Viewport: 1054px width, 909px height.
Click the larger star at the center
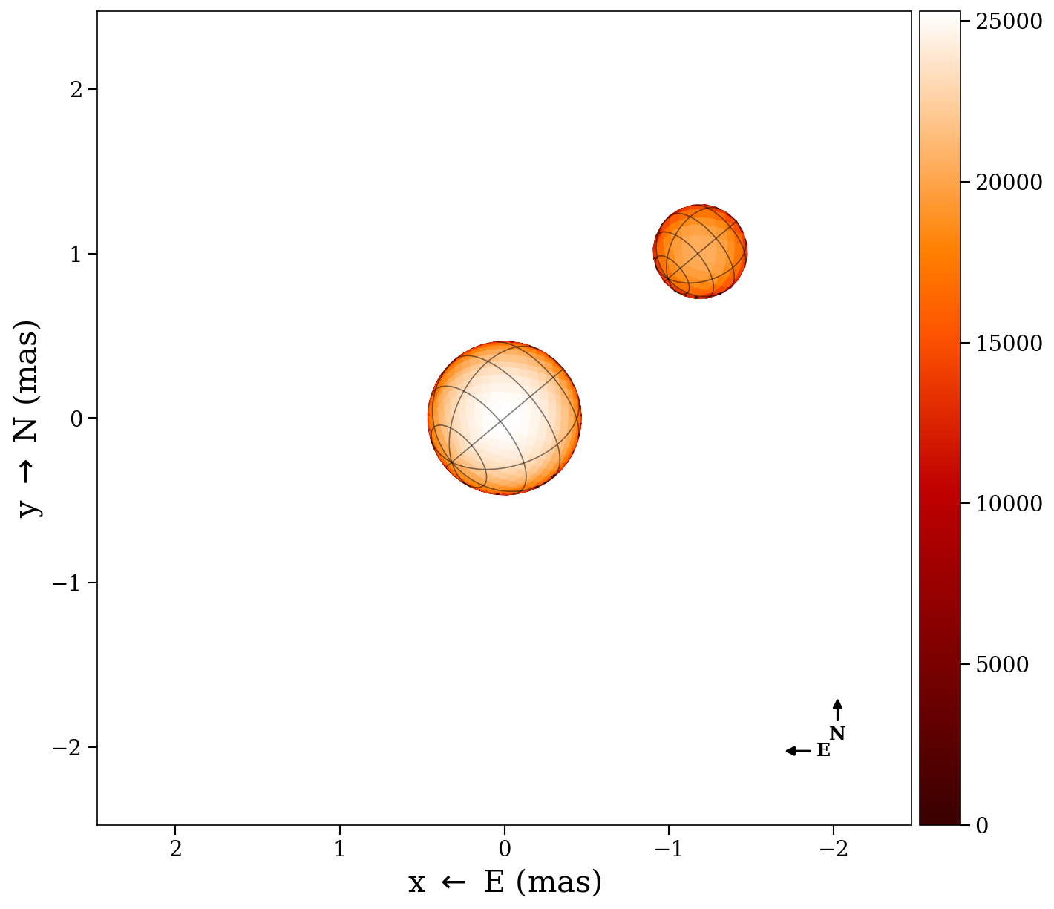point(505,418)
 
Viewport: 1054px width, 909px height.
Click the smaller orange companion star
point(700,252)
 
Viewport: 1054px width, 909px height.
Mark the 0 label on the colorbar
point(982,825)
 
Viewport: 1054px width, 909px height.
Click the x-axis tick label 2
point(175,849)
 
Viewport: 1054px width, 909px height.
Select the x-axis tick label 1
point(340,849)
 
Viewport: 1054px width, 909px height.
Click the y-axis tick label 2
point(72,90)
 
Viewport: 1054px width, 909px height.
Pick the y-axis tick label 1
point(72,255)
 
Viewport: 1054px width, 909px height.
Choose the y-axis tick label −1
point(67,583)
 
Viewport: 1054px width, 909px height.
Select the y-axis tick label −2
point(67,748)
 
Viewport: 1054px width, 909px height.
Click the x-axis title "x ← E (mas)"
point(505,883)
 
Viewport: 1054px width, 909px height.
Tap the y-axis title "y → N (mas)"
point(30,418)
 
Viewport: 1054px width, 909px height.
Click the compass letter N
point(837,734)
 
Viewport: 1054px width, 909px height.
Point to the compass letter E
point(823,751)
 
